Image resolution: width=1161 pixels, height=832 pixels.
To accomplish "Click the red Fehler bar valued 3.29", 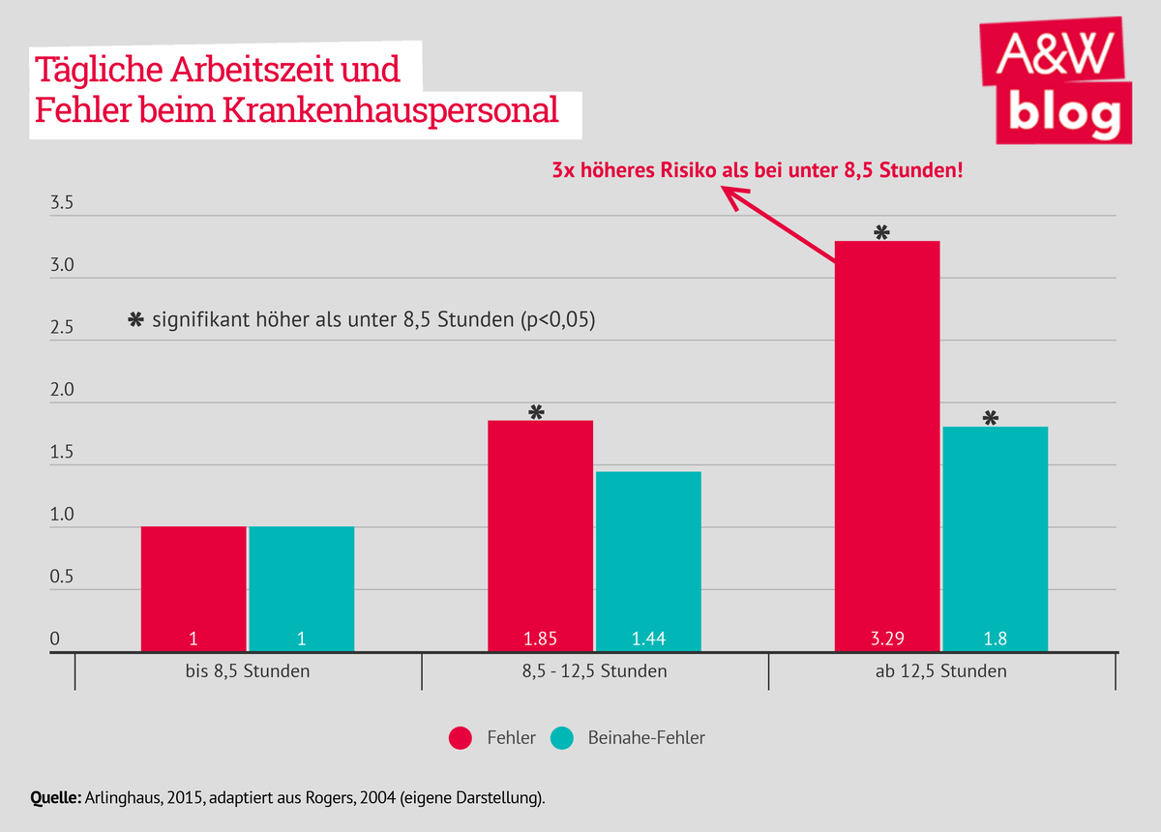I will [x=887, y=445].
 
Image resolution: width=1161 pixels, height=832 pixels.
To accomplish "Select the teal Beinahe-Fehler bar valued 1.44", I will [x=648, y=561].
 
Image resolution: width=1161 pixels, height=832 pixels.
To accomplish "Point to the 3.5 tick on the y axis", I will [x=62, y=204].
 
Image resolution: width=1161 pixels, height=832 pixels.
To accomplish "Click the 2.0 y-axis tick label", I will [x=62, y=391].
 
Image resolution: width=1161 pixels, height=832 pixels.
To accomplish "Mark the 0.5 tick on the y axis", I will [x=62, y=578].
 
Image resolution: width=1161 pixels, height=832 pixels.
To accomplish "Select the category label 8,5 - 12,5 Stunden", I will [x=595, y=670].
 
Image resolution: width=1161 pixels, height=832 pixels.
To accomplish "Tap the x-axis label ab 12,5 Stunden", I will [x=941, y=670].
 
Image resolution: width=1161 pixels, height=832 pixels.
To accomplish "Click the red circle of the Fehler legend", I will [x=460, y=738].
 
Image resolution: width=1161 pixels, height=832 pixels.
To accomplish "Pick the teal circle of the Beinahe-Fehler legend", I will [x=562, y=738].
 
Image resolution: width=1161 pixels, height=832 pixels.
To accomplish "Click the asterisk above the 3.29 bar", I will [x=880, y=232].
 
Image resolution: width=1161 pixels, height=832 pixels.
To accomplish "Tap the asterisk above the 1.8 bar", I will [x=991, y=418].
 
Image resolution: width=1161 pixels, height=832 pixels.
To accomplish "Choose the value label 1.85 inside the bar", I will [x=540, y=639].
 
